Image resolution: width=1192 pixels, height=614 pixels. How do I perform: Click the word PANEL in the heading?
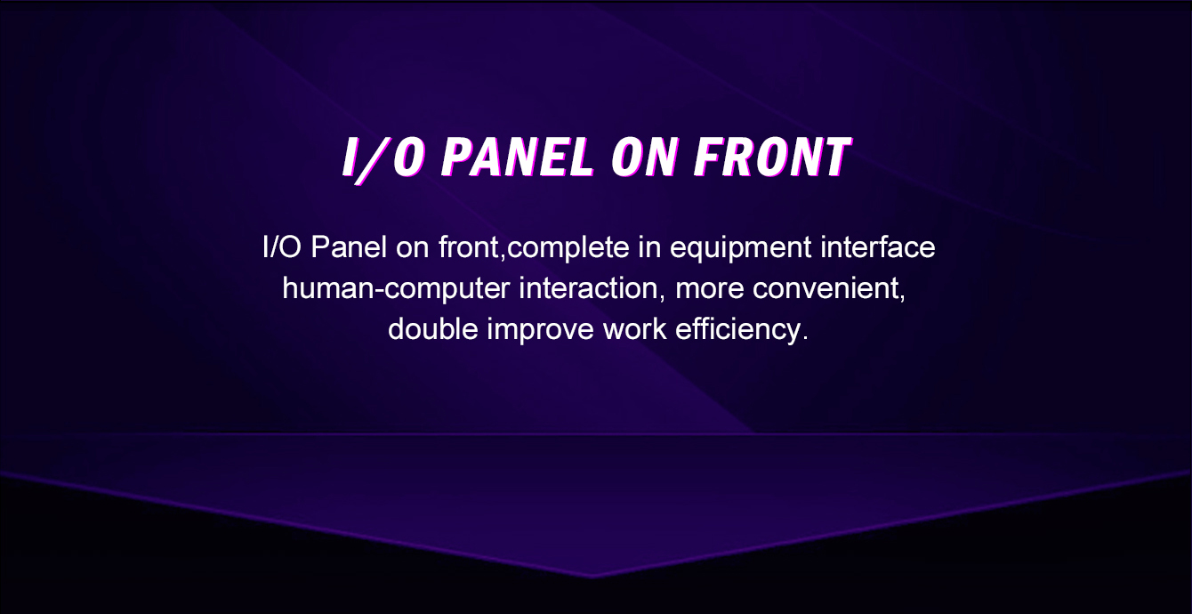pos(517,157)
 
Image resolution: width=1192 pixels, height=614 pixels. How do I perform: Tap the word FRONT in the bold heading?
pos(772,157)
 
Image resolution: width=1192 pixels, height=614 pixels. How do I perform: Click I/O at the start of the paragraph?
pos(281,247)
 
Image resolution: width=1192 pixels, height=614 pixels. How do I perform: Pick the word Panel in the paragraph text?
pos(349,247)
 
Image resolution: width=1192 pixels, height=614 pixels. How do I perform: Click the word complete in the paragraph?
pos(568,248)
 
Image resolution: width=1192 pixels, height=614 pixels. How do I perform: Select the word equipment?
pos(741,248)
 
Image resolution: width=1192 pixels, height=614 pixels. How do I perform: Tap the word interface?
pos(877,247)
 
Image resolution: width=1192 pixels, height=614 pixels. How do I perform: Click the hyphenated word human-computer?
pos(396,289)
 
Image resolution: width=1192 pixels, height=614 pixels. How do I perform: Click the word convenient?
pos(828,289)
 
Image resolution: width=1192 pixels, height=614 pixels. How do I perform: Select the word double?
pos(433,329)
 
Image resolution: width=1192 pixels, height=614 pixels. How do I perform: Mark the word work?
pos(634,329)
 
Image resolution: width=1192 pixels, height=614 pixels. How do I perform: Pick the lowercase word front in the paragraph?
pos(471,248)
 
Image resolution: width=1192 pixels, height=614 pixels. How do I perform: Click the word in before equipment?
pos(649,247)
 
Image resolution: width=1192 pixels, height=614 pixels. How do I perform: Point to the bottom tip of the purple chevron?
pos(592,578)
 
